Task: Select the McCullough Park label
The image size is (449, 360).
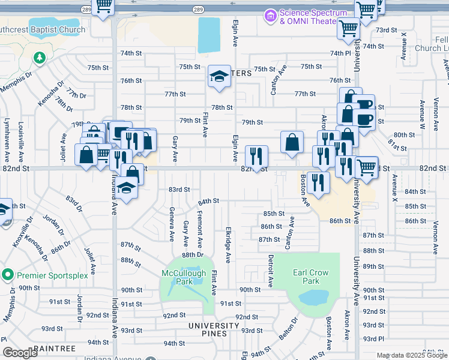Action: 184,277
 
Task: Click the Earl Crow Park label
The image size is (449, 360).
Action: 311,277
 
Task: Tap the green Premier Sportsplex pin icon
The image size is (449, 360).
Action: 8,275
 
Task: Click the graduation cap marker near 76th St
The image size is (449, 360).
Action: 220,76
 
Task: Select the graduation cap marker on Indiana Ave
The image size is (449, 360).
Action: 127,188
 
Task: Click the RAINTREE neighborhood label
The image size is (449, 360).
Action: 55,349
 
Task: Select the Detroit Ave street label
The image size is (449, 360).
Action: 271,269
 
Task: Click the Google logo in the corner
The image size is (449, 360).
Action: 20,353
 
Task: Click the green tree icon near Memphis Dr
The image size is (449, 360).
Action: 40,58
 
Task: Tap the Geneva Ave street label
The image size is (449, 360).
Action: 172,223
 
